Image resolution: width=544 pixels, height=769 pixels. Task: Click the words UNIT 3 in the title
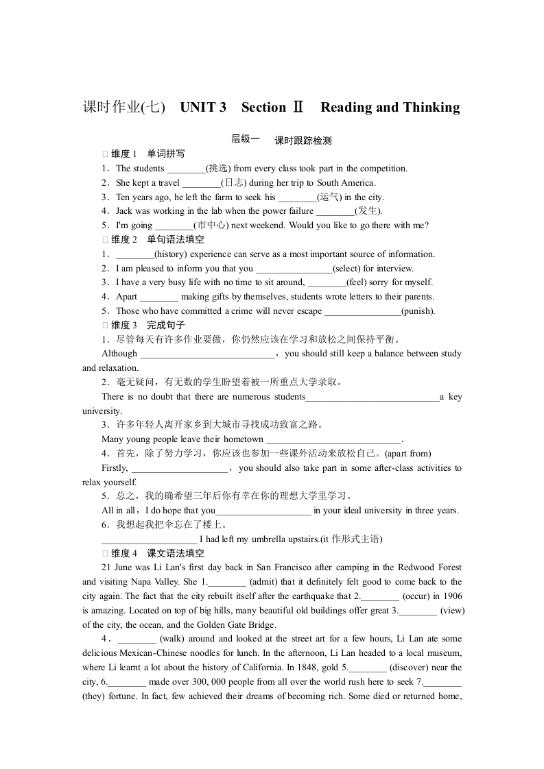coord(203,108)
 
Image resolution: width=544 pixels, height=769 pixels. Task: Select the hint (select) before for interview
coord(347,269)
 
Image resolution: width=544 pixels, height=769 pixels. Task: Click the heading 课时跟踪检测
coord(303,141)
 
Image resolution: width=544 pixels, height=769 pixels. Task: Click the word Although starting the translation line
coord(119,354)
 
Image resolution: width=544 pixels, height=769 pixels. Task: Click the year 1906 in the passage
coord(450,596)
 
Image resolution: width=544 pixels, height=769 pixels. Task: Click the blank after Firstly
coord(179,469)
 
